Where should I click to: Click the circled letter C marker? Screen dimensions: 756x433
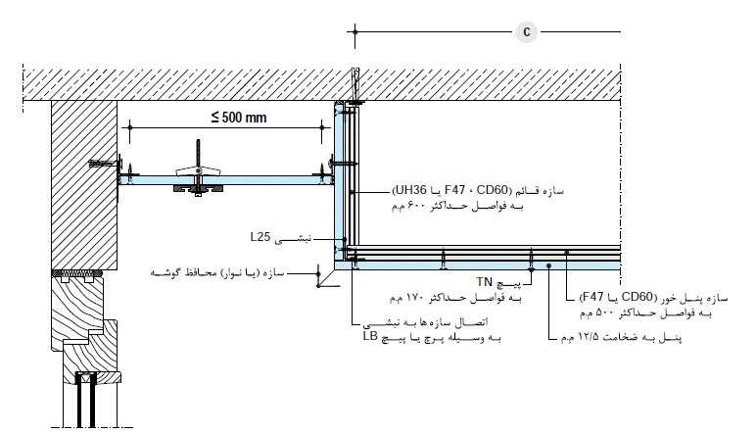click(527, 31)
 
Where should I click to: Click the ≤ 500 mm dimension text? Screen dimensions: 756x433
click(239, 118)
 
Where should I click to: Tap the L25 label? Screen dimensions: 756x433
click(260, 237)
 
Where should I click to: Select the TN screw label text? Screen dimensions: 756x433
click(485, 281)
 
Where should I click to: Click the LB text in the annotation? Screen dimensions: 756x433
click(370, 336)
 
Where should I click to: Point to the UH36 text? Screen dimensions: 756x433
click(410, 190)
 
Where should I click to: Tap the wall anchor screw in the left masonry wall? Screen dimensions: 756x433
click(104, 164)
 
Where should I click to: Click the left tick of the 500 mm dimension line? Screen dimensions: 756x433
click(129, 127)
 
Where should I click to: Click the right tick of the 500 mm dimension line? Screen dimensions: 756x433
click(322, 127)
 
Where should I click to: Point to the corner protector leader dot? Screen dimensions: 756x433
click(318, 273)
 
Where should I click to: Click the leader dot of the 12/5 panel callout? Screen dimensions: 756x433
click(548, 265)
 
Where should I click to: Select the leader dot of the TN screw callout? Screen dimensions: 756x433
click(531, 270)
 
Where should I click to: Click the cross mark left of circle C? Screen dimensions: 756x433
click(354, 31)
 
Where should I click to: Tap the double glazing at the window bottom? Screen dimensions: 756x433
click(86, 401)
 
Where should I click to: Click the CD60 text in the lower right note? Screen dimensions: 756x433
click(637, 297)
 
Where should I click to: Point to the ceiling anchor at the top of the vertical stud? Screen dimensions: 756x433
click(355, 86)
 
